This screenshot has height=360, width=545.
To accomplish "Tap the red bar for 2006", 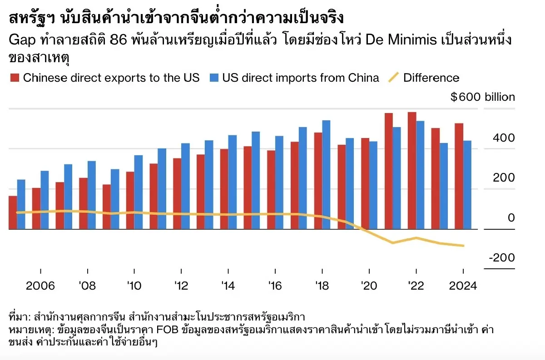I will (36, 208).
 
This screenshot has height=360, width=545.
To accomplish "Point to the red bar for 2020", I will (365, 183).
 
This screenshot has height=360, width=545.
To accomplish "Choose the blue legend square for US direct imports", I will (214, 78).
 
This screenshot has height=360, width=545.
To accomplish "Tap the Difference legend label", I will (431, 78).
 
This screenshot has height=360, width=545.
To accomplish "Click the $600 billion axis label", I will (482, 97).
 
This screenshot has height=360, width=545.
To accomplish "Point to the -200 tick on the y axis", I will (502, 258).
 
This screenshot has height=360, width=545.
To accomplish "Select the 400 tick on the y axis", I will (504, 138).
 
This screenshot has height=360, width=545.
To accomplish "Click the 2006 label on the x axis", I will (40, 286).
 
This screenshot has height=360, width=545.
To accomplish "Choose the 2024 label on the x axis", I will (462, 286).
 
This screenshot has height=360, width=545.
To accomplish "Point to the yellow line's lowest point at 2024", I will (463, 246).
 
